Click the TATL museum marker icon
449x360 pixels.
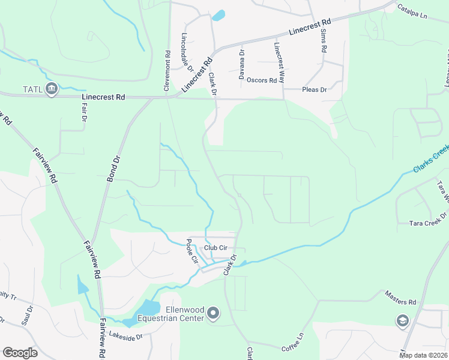52,89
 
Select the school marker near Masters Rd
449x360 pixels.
402,322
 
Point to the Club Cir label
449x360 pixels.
216,247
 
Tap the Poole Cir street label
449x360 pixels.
191,252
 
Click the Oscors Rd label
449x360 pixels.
262,80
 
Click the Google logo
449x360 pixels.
20,353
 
